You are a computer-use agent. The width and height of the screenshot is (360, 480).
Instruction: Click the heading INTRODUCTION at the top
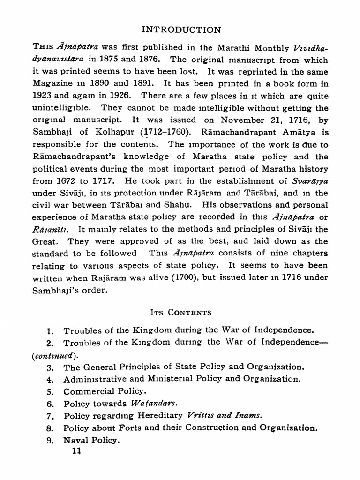pos(181,30)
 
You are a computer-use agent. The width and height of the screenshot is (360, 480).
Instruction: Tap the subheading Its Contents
pos(180,312)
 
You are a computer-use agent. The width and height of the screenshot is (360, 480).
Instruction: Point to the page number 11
pos(75,451)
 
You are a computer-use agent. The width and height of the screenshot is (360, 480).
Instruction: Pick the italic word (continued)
pos(53,355)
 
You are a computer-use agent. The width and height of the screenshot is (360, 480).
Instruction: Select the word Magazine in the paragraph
pos(52,84)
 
